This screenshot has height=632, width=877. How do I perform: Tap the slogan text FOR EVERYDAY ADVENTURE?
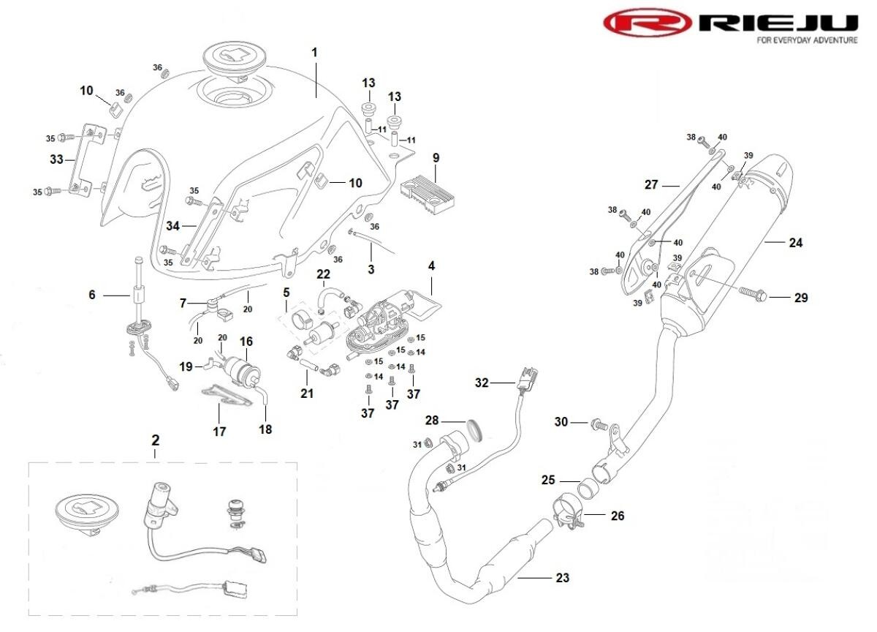tap(807, 40)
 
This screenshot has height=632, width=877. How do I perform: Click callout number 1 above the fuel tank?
tap(314, 53)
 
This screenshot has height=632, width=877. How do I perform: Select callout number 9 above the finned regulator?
tap(436, 158)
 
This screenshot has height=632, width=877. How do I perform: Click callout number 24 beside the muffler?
tap(796, 243)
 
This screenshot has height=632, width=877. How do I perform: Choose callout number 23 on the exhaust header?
tap(562, 578)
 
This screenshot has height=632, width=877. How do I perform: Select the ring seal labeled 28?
tap(476, 430)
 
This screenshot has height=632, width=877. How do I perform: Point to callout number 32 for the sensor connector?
tap(482, 383)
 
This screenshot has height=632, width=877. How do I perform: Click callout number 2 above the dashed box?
tap(156, 440)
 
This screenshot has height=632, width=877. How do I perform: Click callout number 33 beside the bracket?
tap(56, 159)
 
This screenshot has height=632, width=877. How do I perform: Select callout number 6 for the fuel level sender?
tap(91, 295)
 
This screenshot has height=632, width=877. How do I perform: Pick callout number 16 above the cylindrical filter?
tap(246, 342)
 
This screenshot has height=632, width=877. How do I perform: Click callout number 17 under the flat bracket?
tap(219, 432)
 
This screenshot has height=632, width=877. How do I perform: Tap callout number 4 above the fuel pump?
tap(431, 266)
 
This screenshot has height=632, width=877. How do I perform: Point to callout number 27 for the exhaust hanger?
tap(651, 184)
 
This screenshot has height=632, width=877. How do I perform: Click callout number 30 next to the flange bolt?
tap(561, 421)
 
